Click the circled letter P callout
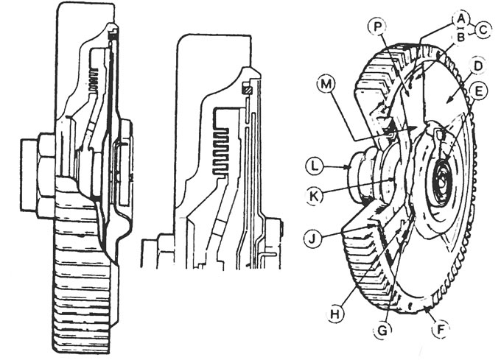[378, 27]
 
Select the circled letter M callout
[326, 85]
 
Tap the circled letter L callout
[315, 167]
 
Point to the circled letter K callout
[315, 195]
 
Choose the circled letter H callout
[335, 314]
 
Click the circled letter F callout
[441, 329]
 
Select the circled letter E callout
[478, 92]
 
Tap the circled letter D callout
[477, 66]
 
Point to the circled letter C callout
[483, 30]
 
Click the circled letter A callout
[460, 19]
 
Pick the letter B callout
[460, 37]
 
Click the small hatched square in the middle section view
[248, 91]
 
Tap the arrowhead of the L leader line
[350, 166]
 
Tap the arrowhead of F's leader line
[428, 308]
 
